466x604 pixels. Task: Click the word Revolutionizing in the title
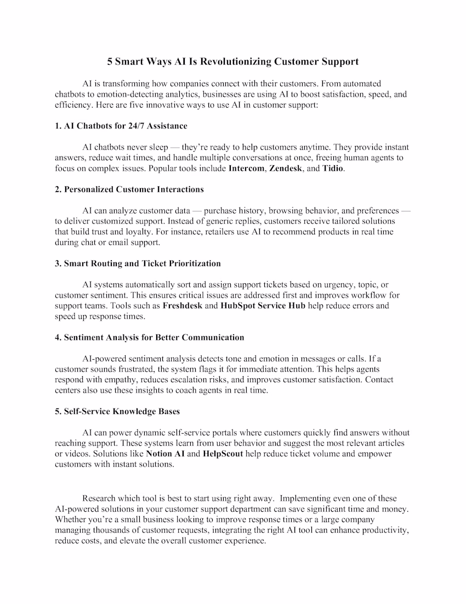click(237, 61)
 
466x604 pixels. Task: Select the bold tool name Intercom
click(246, 168)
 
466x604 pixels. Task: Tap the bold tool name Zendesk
click(286, 168)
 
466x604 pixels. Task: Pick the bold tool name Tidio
click(333, 168)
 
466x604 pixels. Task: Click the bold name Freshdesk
click(183, 305)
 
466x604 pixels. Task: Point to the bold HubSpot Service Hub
click(263, 305)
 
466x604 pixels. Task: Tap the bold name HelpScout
click(223, 454)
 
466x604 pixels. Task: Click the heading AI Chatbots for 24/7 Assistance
click(125, 126)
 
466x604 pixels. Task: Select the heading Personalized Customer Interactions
click(134, 189)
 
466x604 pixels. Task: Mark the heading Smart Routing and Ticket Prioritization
click(143, 264)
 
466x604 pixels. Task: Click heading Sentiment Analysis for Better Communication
click(154, 337)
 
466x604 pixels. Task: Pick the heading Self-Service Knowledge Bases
click(122, 411)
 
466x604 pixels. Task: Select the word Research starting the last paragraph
click(100, 499)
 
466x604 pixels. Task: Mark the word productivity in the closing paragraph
click(384, 530)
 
